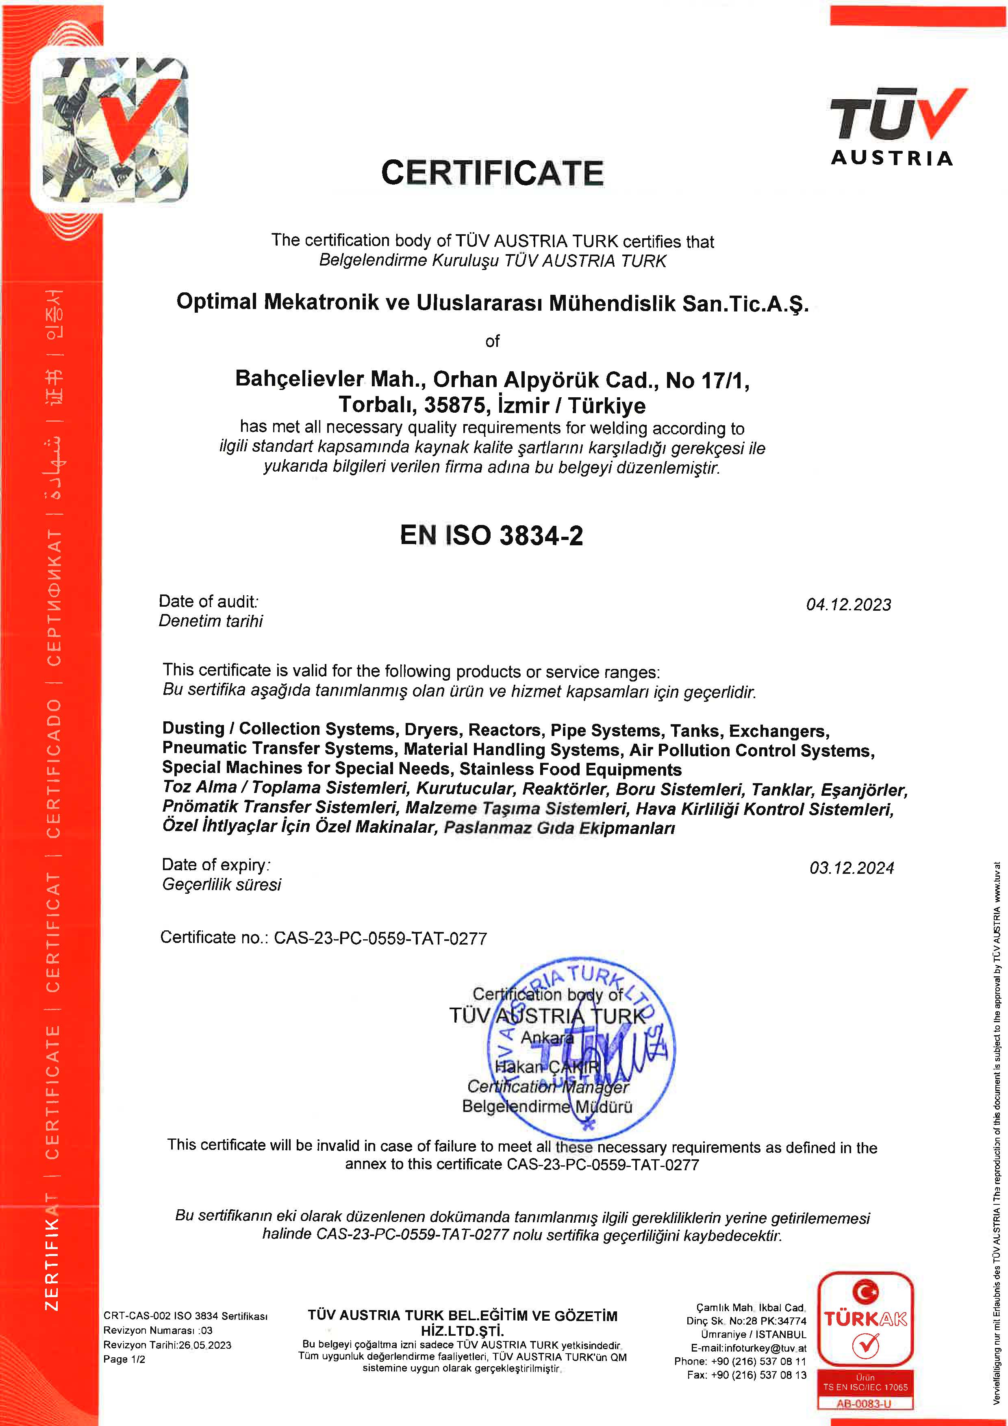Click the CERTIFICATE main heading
click(x=492, y=173)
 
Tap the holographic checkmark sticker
click(x=115, y=131)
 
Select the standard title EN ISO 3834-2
click(x=491, y=536)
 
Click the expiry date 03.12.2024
click(x=852, y=868)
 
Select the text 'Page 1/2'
click(x=124, y=1359)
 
